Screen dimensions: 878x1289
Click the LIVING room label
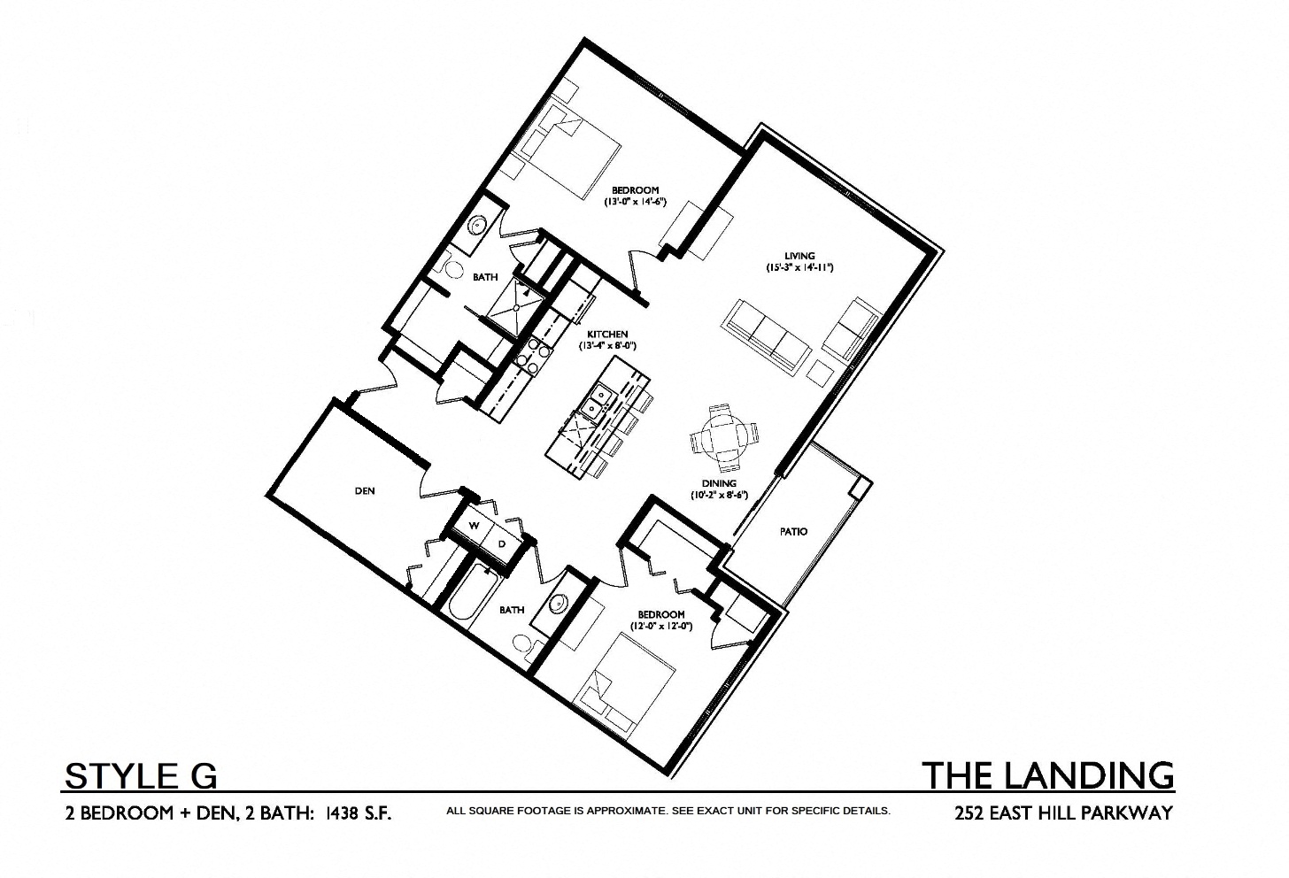tap(799, 257)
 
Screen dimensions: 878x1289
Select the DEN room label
tap(364, 490)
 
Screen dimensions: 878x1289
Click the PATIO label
tap(793, 532)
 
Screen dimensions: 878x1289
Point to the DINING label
tap(719, 484)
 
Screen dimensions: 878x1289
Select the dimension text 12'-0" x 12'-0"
tap(660, 626)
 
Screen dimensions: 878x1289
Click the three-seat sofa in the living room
tap(767, 335)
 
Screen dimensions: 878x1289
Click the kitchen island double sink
tap(595, 402)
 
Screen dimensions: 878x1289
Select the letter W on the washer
tap(475, 526)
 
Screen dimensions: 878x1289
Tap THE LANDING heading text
tap(1048, 774)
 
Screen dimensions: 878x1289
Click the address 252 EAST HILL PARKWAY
tap(1063, 813)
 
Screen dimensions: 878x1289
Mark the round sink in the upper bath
tap(476, 225)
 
